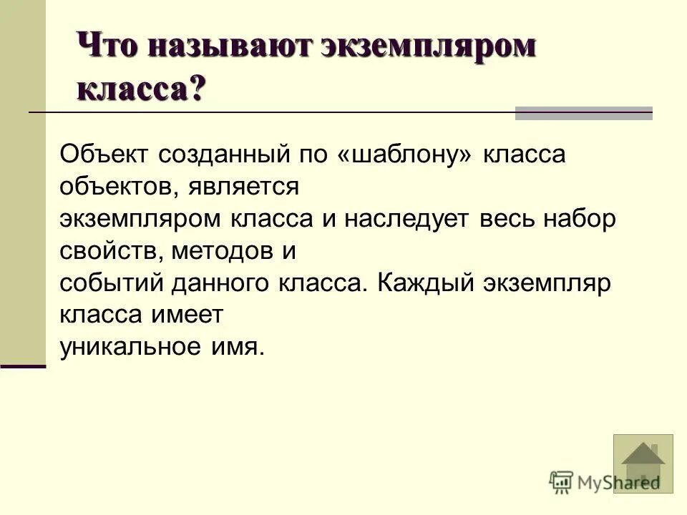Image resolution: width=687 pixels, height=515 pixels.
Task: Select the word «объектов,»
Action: [x=118, y=188]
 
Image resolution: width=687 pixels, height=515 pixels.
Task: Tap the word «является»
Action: [x=243, y=188]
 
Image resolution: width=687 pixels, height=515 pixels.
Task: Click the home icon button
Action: [x=643, y=463]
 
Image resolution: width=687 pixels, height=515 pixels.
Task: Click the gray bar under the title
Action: [x=584, y=113]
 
